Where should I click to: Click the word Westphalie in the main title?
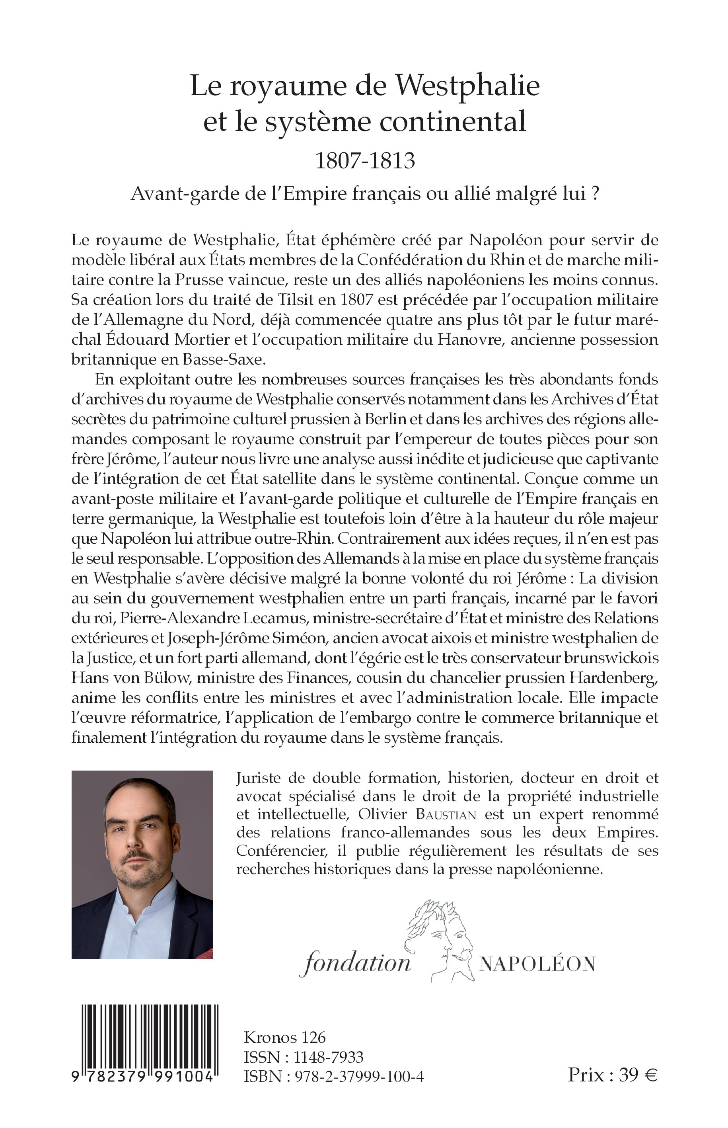467,86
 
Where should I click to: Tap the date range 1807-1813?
364,161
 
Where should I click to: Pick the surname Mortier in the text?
203,340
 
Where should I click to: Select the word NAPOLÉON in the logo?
537,964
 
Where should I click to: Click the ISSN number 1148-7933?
328,1057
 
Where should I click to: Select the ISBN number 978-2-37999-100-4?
359,1077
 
